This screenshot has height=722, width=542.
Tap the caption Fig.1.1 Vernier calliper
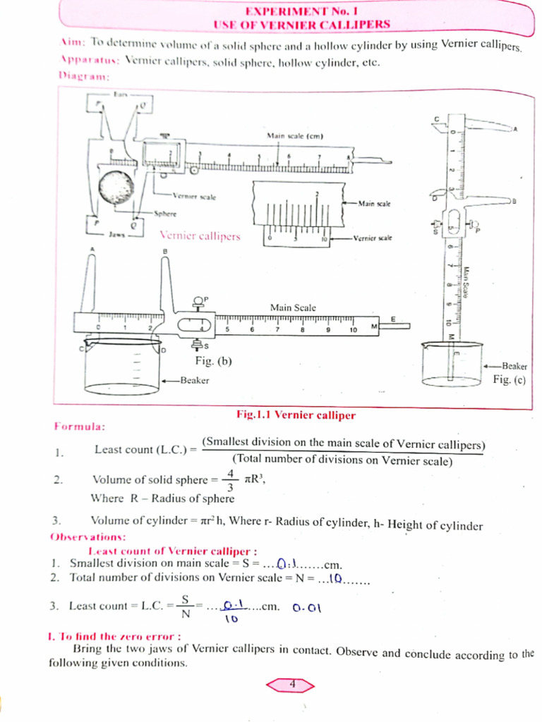tap(296, 415)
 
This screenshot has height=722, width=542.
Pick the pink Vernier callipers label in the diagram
tap(200, 236)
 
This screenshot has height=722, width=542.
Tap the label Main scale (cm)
tap(294, 135)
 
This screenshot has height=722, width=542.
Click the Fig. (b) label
tap(213, 361)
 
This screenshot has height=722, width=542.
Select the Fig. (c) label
tap(509, 379)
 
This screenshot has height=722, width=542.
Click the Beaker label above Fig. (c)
tap(514, 366)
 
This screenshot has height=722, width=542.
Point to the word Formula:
tap(80, 427)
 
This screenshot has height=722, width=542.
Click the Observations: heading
tap(88, 537)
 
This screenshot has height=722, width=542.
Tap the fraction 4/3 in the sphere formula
tap(230, 479)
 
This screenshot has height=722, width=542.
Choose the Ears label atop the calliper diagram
tap(120, 93)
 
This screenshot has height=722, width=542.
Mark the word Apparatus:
tap(89, 61)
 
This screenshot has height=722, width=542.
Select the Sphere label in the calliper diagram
tap(166, 213)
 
